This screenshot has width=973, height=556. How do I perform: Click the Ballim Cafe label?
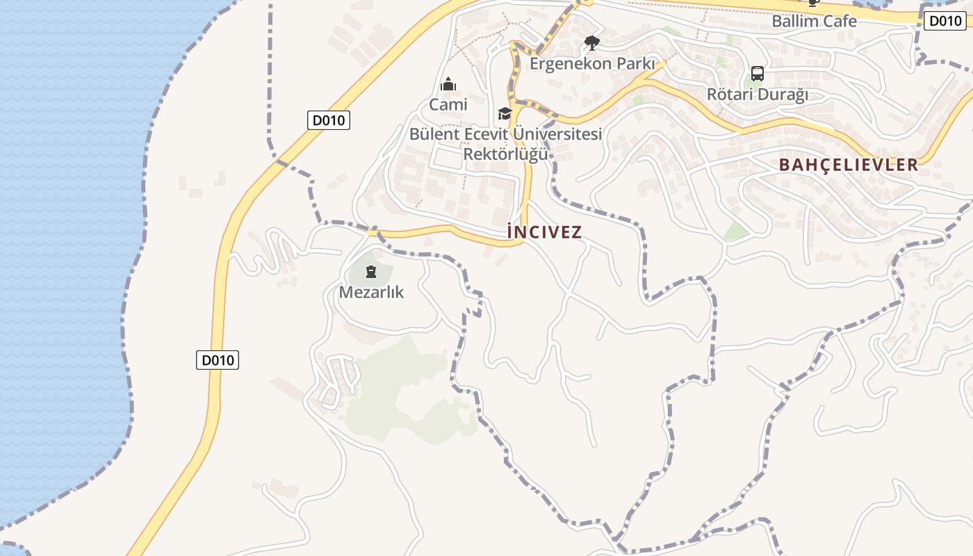coord(814,21)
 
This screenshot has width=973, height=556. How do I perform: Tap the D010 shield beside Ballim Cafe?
coord(945,21)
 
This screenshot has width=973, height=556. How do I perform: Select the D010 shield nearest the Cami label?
coord(328,120)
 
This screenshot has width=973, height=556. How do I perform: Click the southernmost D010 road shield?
coord(217,360)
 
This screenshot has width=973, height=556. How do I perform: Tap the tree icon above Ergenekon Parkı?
coord(591,44)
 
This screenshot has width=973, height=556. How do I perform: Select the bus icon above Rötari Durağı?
coord(757,74)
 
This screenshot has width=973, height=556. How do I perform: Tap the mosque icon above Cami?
coord(448,85)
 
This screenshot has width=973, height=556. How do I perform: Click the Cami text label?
coord(448,105)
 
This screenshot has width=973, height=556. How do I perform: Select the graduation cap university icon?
coord(505,113)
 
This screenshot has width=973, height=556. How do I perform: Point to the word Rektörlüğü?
coord(505,154)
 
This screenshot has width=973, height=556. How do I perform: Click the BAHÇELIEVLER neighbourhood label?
coord(849,165)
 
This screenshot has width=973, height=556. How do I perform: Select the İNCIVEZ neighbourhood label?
coord(544,231)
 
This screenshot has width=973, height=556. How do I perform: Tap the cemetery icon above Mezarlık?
coord(371,271)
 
